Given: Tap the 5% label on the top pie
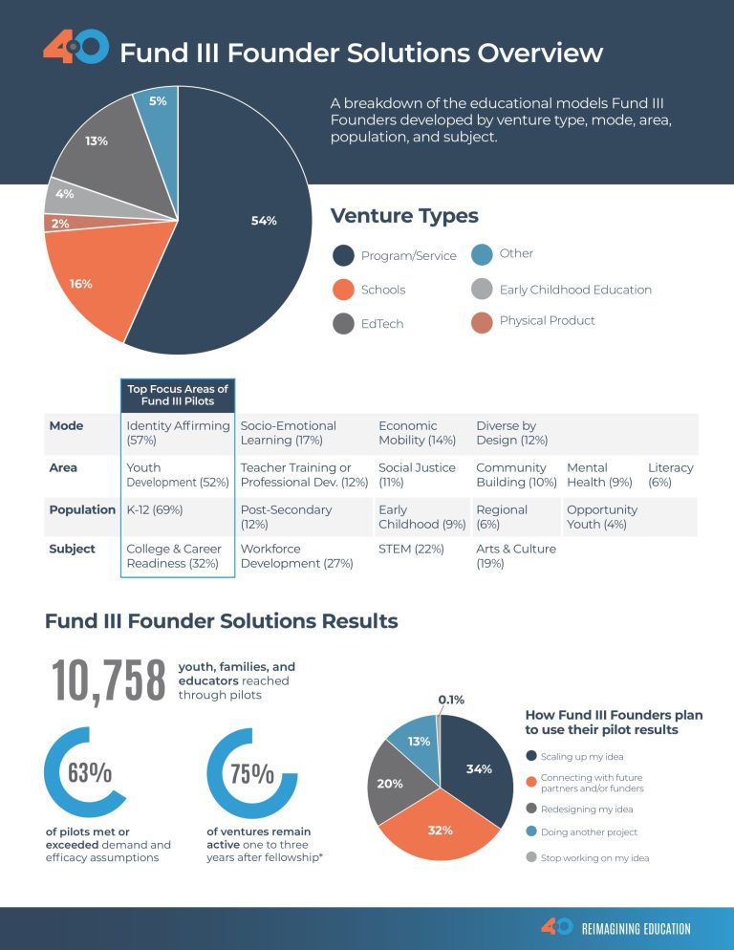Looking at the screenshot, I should pos(158,101).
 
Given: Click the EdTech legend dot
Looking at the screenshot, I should pos(343,324).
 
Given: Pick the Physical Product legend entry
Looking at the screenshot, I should pos(547,320).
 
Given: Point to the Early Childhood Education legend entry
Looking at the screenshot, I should pos(574,290).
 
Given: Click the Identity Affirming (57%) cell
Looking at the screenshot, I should pos(178,433).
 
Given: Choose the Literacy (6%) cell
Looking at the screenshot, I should pos(670,475).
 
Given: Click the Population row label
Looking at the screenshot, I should pos(82,509).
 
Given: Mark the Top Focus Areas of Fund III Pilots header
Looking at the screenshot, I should pos(178,395).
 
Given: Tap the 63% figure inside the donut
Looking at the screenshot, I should pos(90,773).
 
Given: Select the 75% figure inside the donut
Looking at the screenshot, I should pos(252,773).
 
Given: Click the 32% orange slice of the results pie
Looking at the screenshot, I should pos(440,830).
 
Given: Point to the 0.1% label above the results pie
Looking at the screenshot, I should pos(451,700).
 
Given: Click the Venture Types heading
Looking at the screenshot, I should pos(404,216).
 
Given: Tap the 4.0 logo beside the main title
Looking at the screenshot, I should pos(76,47).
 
